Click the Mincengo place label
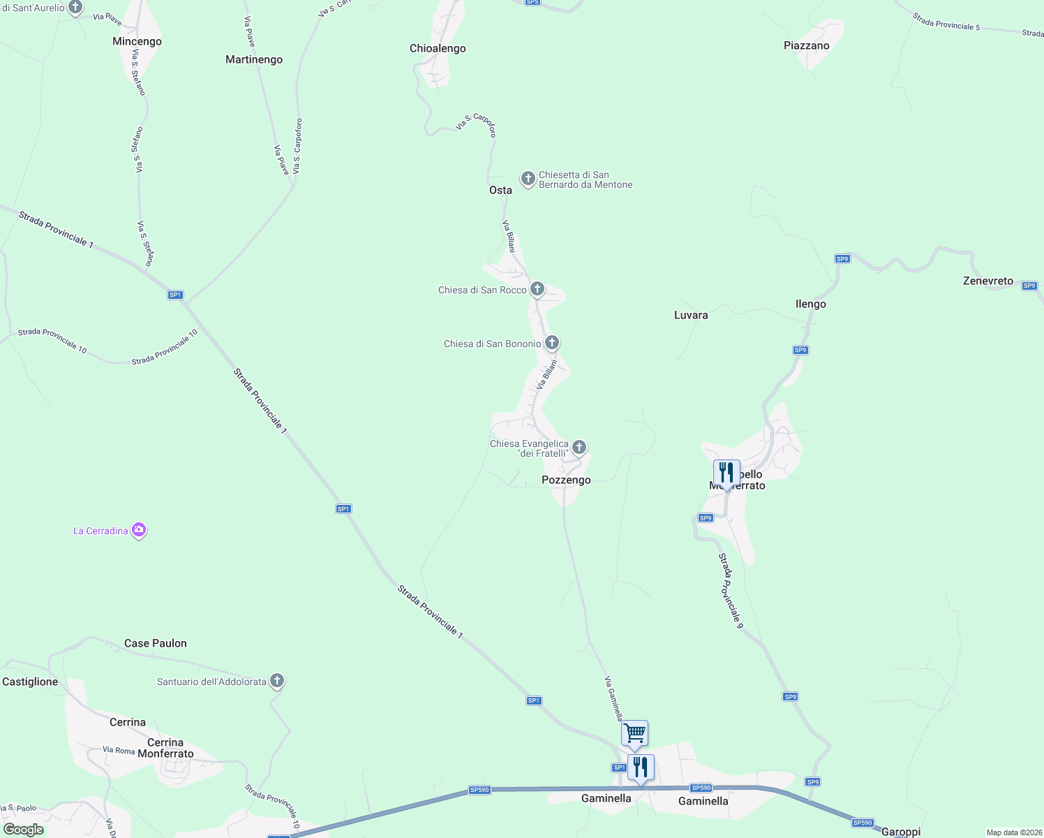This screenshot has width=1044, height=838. [137, 42]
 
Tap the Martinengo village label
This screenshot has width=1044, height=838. [254, 60]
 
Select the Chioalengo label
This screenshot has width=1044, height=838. [438, 49]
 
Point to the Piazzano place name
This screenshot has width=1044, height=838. [806, 46]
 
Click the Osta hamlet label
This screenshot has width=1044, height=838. [500, 191]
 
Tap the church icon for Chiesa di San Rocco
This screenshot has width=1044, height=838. [537, 289]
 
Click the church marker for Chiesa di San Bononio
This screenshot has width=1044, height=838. [552, 343]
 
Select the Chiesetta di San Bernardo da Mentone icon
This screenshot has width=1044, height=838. [528, 179]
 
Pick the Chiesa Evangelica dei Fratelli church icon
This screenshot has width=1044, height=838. [579, 447]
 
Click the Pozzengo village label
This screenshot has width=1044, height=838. [566, 480]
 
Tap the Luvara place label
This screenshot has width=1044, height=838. [691, 316]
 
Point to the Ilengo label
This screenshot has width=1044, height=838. [810, 304]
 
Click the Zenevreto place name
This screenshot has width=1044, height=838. [987, 281]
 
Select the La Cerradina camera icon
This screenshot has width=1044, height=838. [139, 531]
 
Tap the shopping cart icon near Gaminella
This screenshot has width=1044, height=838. [634, 734]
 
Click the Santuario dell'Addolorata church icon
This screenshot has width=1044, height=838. [277, 681]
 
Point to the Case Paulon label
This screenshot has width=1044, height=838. [156, 644]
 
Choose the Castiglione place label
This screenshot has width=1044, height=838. [30, 682]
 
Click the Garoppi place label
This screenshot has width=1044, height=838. [901, 832]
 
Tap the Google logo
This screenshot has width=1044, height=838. [24, 830]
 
